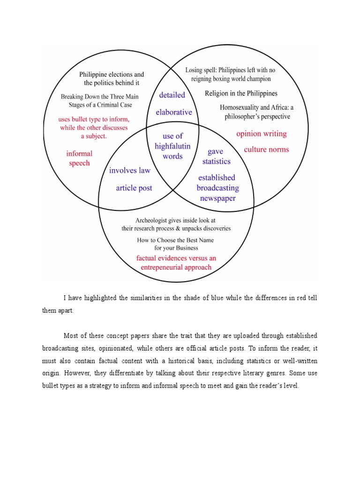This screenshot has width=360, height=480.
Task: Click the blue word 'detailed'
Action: click(x=172, y=95)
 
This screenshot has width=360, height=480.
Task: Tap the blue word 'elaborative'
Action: click(x=174, y=112)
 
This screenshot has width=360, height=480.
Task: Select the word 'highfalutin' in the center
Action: click(x=172, y=146)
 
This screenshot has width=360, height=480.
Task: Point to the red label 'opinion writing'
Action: click(x=261, y=134)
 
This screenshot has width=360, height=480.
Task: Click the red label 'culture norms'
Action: click(x=266, y=150)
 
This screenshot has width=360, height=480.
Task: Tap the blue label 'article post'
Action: click(x=134, y=188)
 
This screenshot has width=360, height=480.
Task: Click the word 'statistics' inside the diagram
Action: click(x=216, y=162)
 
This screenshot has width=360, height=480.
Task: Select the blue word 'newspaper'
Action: click(x=217, y=198)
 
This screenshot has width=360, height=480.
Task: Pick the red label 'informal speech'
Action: click(x=79, y=158)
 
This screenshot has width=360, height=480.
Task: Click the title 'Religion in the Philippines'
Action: click(x=241, y=93)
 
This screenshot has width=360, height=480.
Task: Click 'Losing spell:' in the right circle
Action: click(x=200, y=70)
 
